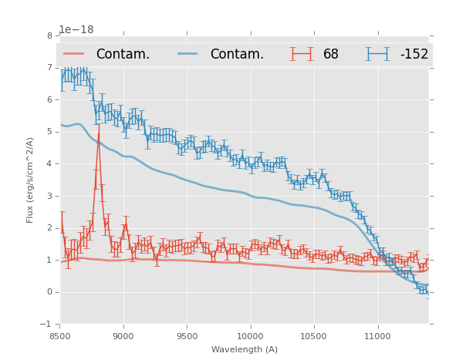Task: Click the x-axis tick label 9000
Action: pos(123,336)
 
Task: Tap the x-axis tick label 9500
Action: pos(187,336)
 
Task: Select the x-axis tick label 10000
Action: pos(250,336)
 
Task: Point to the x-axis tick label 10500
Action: pos(314,336)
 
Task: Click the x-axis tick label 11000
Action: pos(377,336)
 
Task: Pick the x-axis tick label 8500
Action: pos(59,336)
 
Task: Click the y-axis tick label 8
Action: pos(49,35)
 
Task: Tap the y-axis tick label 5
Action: pos(49,132)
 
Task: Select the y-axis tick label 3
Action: pos(49,196)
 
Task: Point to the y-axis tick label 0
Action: pos(49,292)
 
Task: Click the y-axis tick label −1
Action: pos(47,325)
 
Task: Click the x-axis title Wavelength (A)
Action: pos(245,350)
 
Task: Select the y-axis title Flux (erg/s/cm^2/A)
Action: pos(31,180)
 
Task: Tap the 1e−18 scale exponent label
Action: pos(76,30)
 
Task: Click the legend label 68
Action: pos(331,55)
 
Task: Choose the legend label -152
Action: pos(414,55)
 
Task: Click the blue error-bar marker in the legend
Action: pos(377,54)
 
